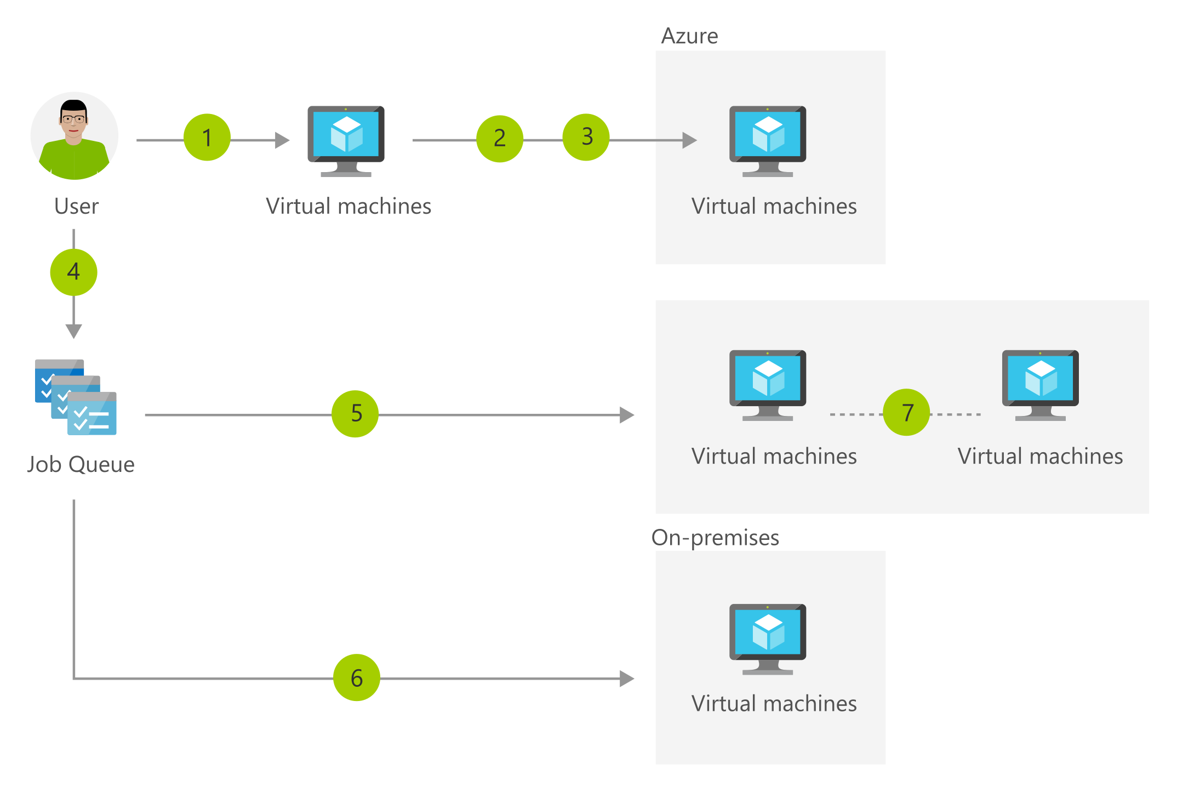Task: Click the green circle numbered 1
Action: tap(207, 137)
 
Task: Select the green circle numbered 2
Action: tap(500, 139)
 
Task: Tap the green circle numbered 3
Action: tap(586, 137)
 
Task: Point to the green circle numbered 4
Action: tap(73, 272)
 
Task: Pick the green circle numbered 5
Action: tap(355, 414)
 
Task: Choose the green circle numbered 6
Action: tap(357, 677)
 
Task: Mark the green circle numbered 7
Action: tap(907, 412)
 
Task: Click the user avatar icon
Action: tap(75, 136)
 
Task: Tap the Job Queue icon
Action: tap(76, 397)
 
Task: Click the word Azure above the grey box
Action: tap(689, 36)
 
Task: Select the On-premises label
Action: tap(715, 538)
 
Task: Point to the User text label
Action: tap(76, 207)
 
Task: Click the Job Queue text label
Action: tap(81, 465)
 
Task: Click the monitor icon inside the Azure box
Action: tap(768, 141)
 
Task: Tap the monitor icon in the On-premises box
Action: tap(768, 639)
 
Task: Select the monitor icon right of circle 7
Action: tap(1041, 385)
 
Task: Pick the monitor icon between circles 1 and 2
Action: tap(346, 141)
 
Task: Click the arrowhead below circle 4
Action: tap(73, 332)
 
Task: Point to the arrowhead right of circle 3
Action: tap(690, 140)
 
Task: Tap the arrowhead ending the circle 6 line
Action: tap(627, 679)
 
